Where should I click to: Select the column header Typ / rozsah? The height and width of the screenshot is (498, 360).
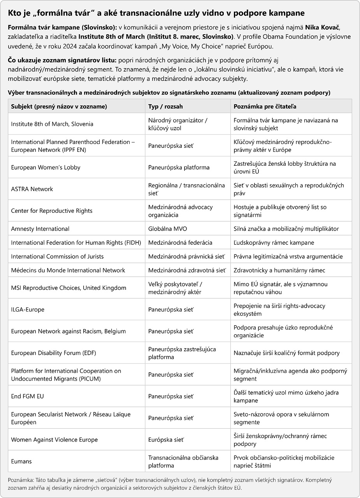pyautogui.click(x=165, y=106)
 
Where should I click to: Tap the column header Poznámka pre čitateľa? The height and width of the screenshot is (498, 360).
pyautogui.click(x=265, y=106)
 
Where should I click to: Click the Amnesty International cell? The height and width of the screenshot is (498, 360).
pyautogui.click(x=40, y=229)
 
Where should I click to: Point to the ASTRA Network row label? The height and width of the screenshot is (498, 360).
pyautogui.click(x=32, y=189)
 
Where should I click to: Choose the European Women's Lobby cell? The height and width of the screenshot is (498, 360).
pyautogui.click(x=46, y=167)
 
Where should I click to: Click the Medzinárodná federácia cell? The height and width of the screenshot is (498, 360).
pyautogui.click(x=180, y=243)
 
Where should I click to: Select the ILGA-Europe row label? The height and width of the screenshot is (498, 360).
pyautogui.click(x=28, y=310)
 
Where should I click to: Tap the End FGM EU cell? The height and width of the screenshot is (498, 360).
pyautogui.click(x=28, y=396)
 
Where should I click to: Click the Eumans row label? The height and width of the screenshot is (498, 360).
pyautogui.click(x=21, y=461)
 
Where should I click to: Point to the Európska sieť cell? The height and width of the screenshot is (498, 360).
pyautogui.click(x=166, y=440)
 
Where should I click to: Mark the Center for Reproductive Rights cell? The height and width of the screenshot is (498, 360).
pyautogui.click(x=52, y=211)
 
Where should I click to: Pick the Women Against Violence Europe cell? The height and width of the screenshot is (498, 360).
pyautogui.click(x=54, y=440)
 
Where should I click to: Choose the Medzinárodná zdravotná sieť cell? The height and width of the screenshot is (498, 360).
pyautogui.click(x=187, y=270)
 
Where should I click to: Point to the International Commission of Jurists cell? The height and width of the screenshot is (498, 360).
pyautogui.click(x=57, y=256)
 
